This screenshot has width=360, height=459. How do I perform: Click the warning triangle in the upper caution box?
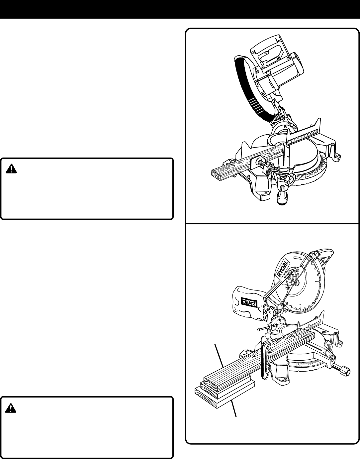(x=12, y=169)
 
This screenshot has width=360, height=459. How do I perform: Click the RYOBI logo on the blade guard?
(x=283, y=268)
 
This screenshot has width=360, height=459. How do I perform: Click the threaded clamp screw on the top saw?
(x=276, y=170)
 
